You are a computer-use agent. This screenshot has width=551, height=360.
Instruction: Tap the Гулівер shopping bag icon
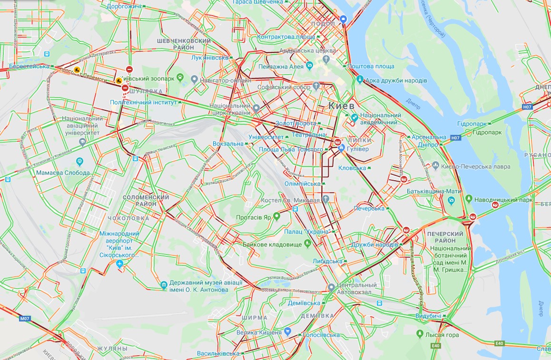point(342,149)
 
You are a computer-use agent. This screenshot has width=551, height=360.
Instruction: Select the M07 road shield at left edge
point(25,319)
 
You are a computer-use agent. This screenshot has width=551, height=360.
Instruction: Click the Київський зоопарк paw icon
point(181,77)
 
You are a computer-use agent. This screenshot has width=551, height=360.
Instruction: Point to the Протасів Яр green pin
point(276,216)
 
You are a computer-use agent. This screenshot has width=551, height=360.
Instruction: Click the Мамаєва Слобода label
point(63,173)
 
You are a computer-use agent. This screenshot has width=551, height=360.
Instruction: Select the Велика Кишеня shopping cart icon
point(287,331)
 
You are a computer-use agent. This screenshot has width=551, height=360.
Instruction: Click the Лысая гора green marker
point(419,334)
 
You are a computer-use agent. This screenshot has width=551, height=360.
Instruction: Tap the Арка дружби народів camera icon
point(360,79)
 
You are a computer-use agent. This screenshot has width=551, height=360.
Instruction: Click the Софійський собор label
point(284,88)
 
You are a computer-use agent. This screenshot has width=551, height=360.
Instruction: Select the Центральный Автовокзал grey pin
point(332,287)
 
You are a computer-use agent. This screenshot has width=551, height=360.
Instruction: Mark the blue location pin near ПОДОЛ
point(344,19)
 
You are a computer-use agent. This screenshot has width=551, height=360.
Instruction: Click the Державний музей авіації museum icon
point(164,285)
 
